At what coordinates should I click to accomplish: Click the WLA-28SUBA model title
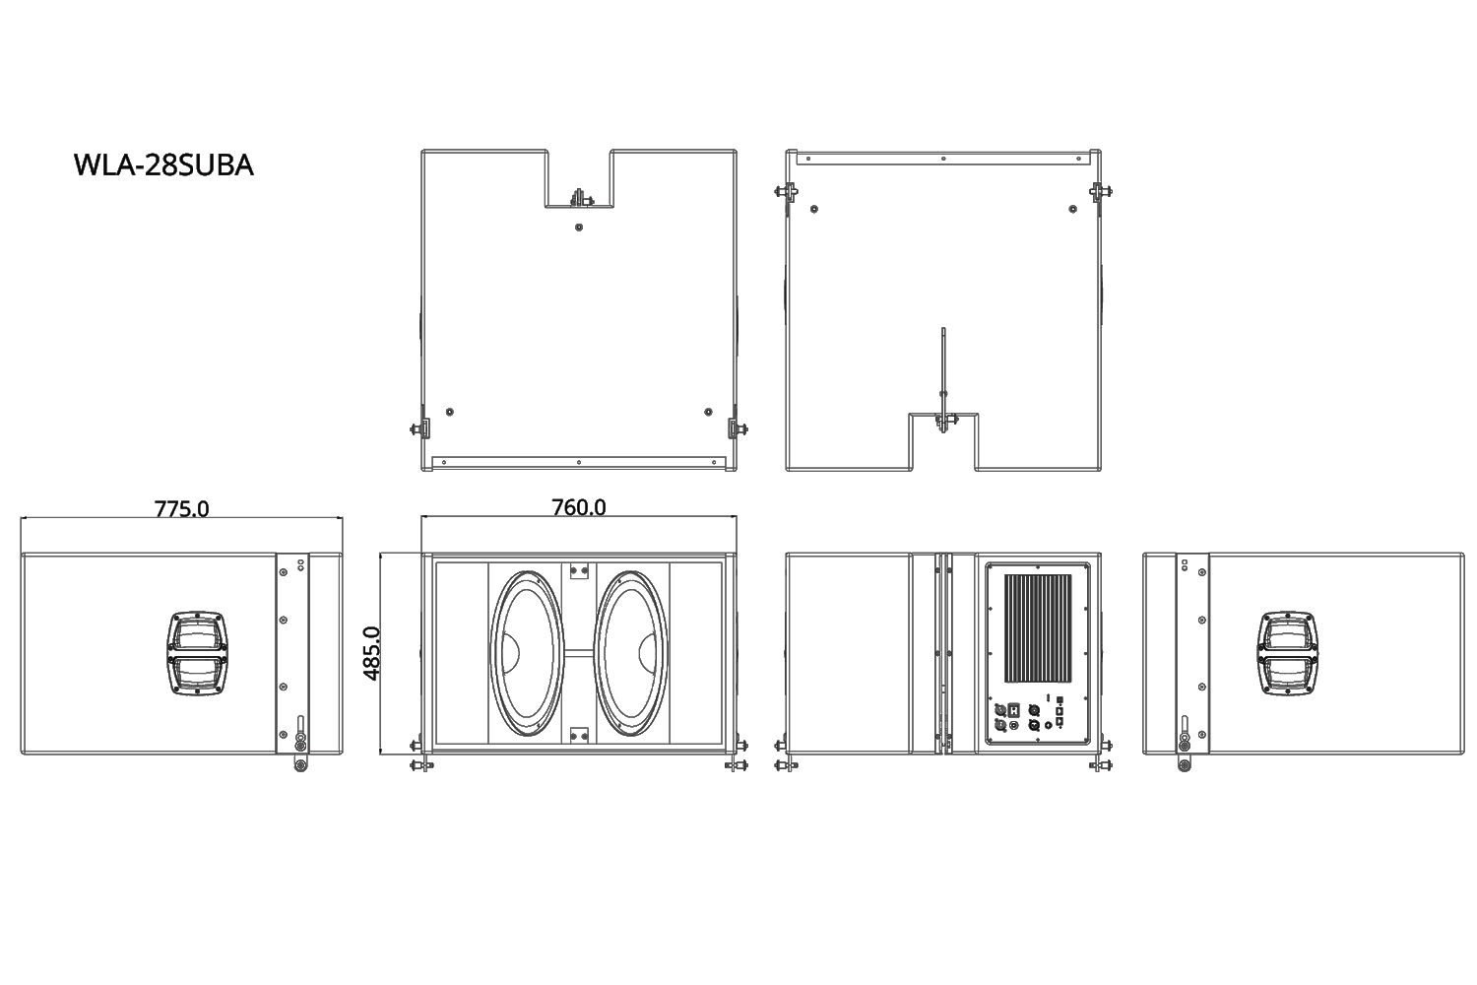click(163, 165)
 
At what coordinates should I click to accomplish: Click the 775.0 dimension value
click(181, 508)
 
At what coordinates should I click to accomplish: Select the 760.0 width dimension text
click(578, 507)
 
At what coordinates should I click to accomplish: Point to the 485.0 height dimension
click(371, 653)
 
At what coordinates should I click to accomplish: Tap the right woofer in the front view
click(631, 653)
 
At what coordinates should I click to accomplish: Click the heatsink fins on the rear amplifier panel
click(1037, 629)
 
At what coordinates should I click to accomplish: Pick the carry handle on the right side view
click(1287, 652)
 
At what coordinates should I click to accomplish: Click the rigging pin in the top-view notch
click(579, 197)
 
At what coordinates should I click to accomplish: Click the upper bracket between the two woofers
click(579, 571)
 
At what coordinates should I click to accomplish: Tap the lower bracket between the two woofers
click(579, 734)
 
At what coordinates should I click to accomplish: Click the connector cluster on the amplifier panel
click(1029, 716)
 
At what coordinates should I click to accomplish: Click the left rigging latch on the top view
click(420, 428)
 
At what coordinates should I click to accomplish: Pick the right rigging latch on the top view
click(737, 428)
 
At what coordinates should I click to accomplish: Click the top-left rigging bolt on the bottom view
click(788, 191)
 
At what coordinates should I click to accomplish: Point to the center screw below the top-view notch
click(579, 227)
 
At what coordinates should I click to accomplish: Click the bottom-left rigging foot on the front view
click(421, 763)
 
